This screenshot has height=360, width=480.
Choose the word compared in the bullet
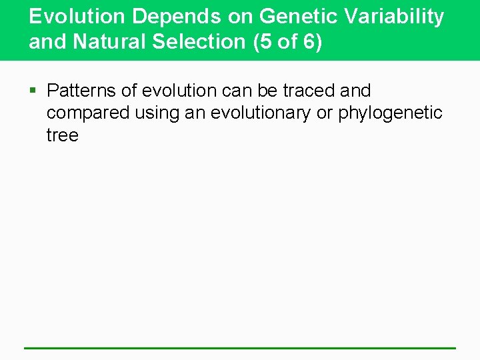click(88, 113)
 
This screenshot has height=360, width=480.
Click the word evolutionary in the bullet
click(260, 113)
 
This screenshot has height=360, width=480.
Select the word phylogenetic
click(390, 113)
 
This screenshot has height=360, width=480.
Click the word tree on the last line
click(63, 136)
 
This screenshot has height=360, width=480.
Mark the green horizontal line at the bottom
click(240, 348)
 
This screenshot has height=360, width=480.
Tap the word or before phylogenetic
click(325, 113)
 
